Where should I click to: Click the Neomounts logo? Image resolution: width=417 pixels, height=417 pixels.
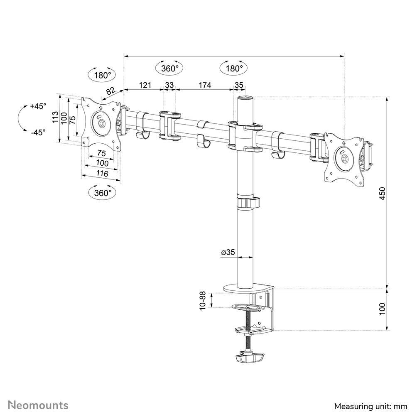[x=38, y=405]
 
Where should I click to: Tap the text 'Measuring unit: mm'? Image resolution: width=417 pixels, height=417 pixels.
[x=371, y=406]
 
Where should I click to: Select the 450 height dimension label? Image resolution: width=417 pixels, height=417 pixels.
[x=383, y=193]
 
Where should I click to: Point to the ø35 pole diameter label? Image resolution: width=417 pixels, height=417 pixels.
[x=228, y=252]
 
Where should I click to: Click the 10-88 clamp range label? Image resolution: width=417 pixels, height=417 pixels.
[x=203, y=300]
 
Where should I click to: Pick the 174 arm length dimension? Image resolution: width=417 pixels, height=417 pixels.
[x=204, y=85]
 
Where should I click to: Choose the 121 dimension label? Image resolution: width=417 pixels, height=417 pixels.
[x=144, y=85]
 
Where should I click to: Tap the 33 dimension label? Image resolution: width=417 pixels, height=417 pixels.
[x=169, y=85]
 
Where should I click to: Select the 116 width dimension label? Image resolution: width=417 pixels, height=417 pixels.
[x=102, y=174]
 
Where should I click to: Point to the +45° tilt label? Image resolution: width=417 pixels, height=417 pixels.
[x=38, y=106]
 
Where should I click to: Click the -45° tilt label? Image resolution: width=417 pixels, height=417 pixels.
[x=38, y=132]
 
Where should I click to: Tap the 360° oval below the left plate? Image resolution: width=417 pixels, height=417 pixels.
[x=103, y=193]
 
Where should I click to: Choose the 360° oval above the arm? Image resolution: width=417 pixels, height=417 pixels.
[x=169, y=68]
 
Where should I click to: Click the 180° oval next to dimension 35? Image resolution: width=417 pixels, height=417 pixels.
[x=234, y=68]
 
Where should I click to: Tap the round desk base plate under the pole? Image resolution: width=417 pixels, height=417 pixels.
[x=248, y=287]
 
